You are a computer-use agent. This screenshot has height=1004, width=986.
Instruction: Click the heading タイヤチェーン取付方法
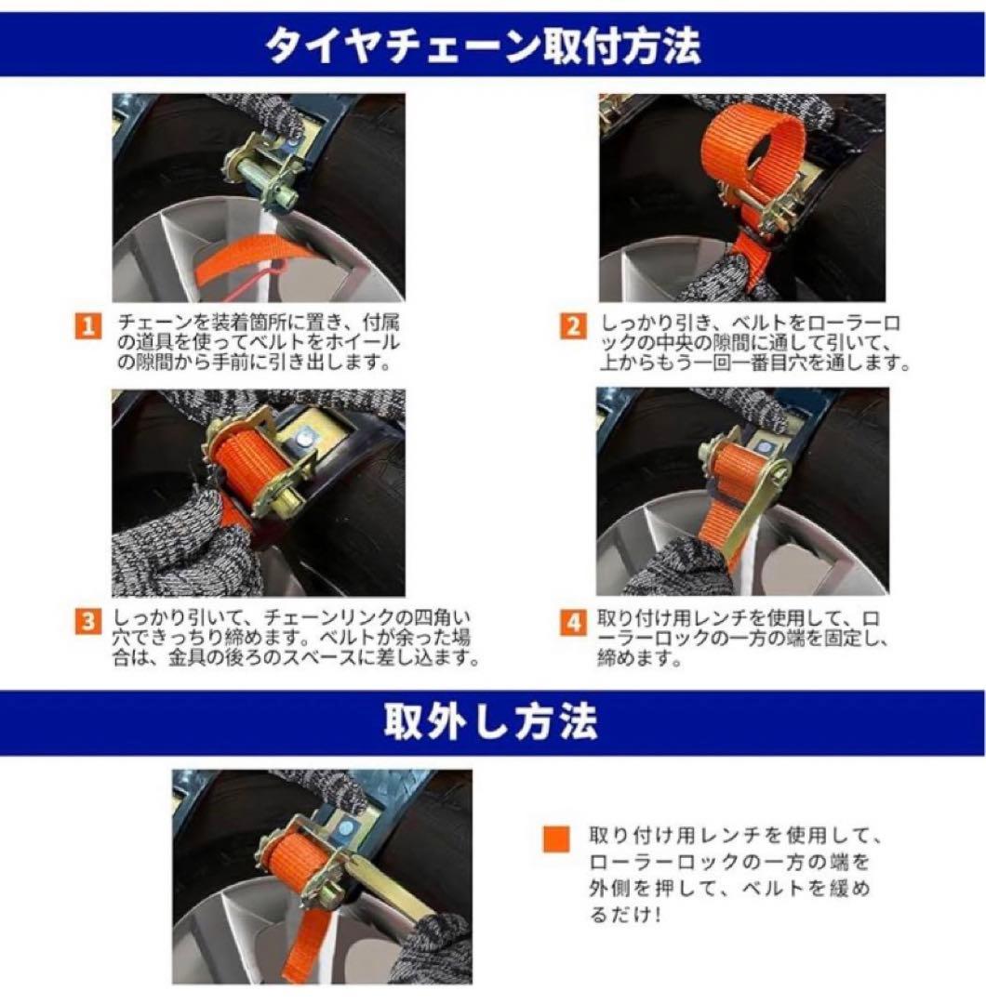pyautogui.click(x=484, y=46)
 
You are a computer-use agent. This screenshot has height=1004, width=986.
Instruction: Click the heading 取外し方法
pyautogui.click(x=491, y=721)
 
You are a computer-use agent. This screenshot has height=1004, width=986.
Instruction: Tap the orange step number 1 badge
pyautogui.click(x=87, y=326)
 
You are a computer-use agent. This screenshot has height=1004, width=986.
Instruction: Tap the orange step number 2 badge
pyautogui.click(x=573, y=326)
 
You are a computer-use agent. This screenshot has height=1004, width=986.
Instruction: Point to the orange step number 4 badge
pyautogui.click(x=573, y=623)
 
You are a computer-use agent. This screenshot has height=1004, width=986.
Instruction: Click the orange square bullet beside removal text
pyautogui.click(x=556, y=839)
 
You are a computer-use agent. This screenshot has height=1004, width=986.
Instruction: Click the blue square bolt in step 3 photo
pyautogui.click(x=307, y=438)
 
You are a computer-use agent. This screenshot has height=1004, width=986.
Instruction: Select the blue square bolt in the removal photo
pyautogui.click(x=346, y=828)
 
